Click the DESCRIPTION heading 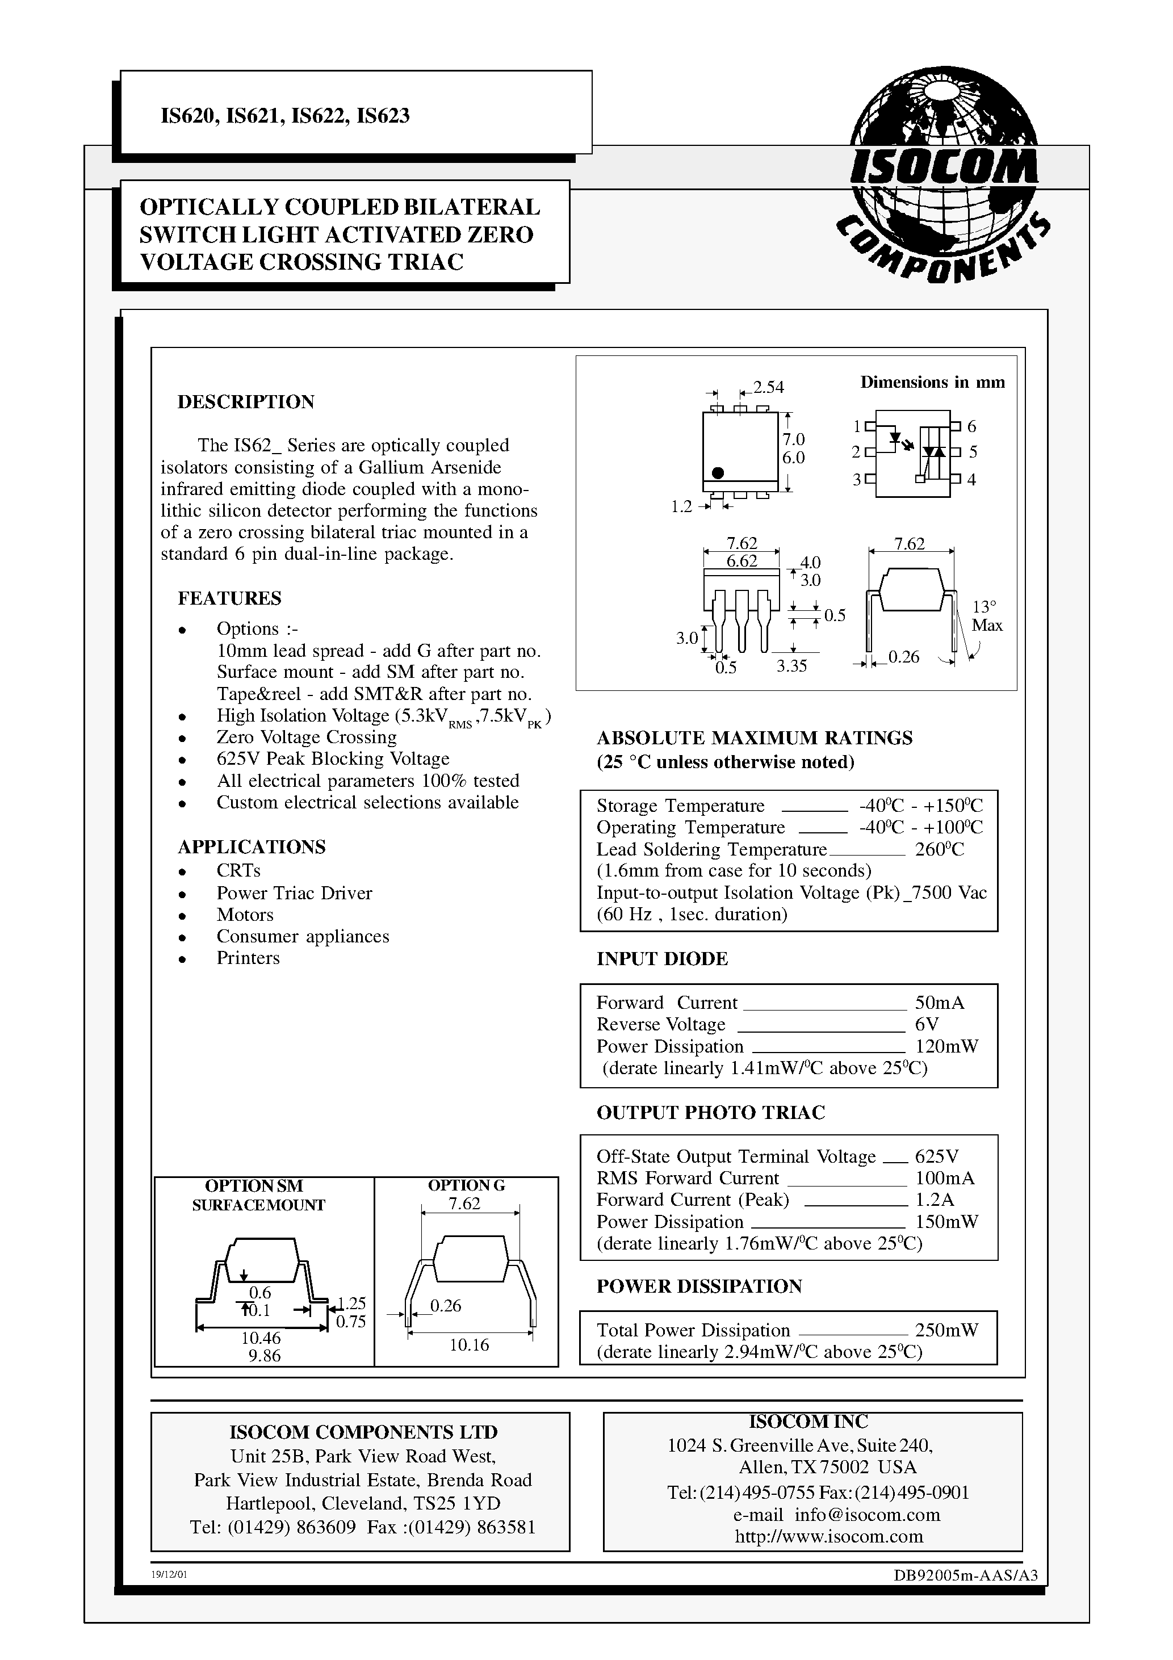[x=246, y=402]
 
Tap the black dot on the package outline [x=718, y=473]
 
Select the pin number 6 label [x=972, y=426]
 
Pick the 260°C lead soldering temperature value [x=940, y=849]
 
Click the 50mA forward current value [x=940, y=1003]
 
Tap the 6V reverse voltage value [x=927, y=1025]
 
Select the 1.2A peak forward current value [x=935, y=1200]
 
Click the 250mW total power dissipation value [x=946, y=1330]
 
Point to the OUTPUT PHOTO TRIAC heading [x=710, y=1113]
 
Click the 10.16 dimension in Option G [x=470, y=1345]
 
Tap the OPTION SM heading [x=254, y=1186]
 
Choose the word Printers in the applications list [x=248, y=958]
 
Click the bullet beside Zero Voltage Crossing [x=183, y=738]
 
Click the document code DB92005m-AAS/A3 [x=965, y=1575]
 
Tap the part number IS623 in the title [x=383, y=116]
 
